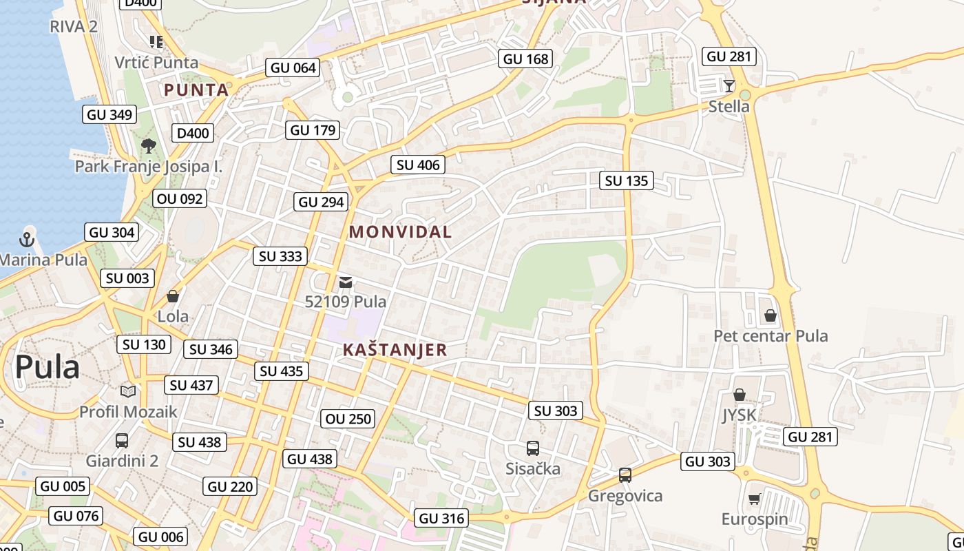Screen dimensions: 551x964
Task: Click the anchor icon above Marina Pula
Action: (27, 240)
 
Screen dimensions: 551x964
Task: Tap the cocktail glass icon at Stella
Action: (729, 86)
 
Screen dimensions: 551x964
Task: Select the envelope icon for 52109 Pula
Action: (346, 282)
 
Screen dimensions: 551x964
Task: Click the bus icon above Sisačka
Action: (533, 448)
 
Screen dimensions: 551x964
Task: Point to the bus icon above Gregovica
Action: (625, 475)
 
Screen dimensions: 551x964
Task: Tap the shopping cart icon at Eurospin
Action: (754, 499)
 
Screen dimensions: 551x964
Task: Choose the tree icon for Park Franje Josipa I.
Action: (148, 145)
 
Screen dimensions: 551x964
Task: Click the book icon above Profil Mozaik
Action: (128, 391)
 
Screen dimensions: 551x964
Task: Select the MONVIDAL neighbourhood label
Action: (400, 232)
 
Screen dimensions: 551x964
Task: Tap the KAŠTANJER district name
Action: (395, 350)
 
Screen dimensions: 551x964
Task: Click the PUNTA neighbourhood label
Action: (196, 90)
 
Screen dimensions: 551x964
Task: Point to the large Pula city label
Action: (48, 367)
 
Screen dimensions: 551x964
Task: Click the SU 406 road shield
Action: (418, 165)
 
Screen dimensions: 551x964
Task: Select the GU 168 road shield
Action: (526, 59)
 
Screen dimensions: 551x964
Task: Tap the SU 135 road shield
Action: (627, 181)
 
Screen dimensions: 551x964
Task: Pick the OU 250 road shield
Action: (348, 419)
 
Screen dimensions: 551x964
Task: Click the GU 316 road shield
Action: (442, 518)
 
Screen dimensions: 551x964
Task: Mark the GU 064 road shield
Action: (293, 67)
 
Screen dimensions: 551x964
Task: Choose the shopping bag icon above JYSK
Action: (739, 395)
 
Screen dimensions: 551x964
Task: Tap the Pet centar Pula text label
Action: (771, 336)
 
